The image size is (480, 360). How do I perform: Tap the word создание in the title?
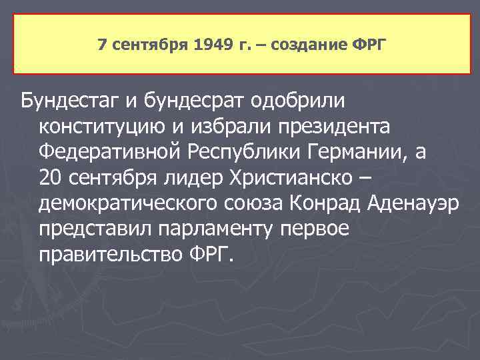315,45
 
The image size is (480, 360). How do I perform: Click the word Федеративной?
106,152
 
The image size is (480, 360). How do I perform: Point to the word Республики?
241,152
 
